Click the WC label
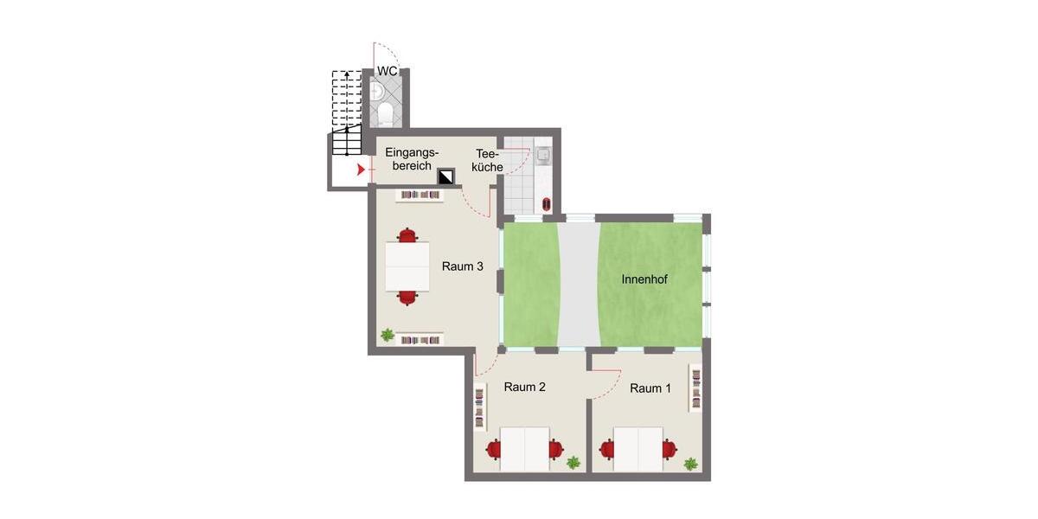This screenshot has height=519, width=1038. click(388, 71)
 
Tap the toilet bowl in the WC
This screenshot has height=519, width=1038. click(385, 113)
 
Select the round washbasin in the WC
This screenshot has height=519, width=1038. click(377, 92)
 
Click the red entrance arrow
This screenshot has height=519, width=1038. click(361, 170)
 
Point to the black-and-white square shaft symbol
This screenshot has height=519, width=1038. click(446, 176)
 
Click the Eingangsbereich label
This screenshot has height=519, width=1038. click(412, 159)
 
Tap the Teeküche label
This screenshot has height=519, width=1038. click(487, 160)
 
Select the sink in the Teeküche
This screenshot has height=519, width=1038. click(543, 156)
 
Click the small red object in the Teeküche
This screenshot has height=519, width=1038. click(547, 204)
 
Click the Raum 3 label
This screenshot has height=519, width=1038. click(463, 266)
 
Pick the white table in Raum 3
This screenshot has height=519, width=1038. click(407, 266)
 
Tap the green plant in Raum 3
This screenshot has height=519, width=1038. click(388, 335)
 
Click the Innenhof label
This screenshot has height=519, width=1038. click(644, 279)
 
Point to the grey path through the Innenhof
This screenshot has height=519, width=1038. click(580, 285)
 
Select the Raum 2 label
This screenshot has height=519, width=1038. click(524, 387)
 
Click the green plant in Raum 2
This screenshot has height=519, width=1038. click(573, 462)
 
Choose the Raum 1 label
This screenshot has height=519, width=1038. click(650, 388)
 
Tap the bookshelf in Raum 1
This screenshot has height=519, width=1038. click(695, 388)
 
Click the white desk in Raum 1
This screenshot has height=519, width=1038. click(638, 449)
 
